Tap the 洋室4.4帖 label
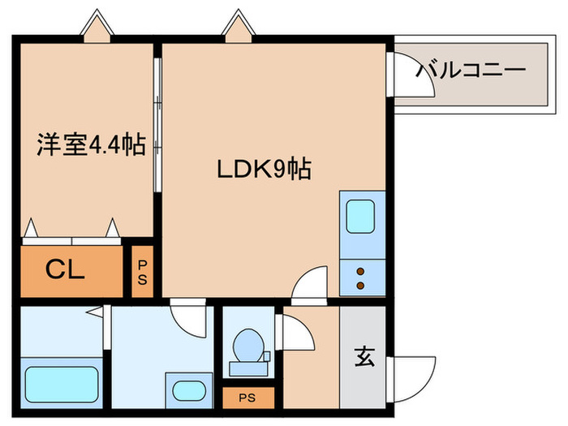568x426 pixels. click(x=90, y=145)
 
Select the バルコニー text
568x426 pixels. click(x=471, y=71)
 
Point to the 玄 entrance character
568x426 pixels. click(x=364, y=357)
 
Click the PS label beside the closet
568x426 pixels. click(x=142, y=272)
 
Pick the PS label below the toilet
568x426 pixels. click(x=247, y=398)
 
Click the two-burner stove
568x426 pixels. click(x=358, y=278)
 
